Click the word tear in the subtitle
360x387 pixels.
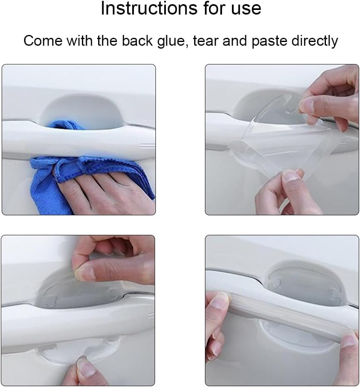[x=207, y=41]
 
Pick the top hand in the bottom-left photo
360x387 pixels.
[x=112, y=258]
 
